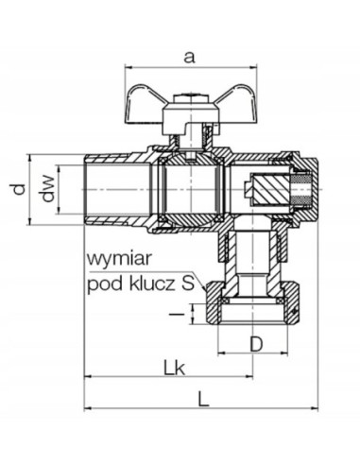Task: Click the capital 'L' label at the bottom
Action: [202, 398]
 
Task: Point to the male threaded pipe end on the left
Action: [108, 189]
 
